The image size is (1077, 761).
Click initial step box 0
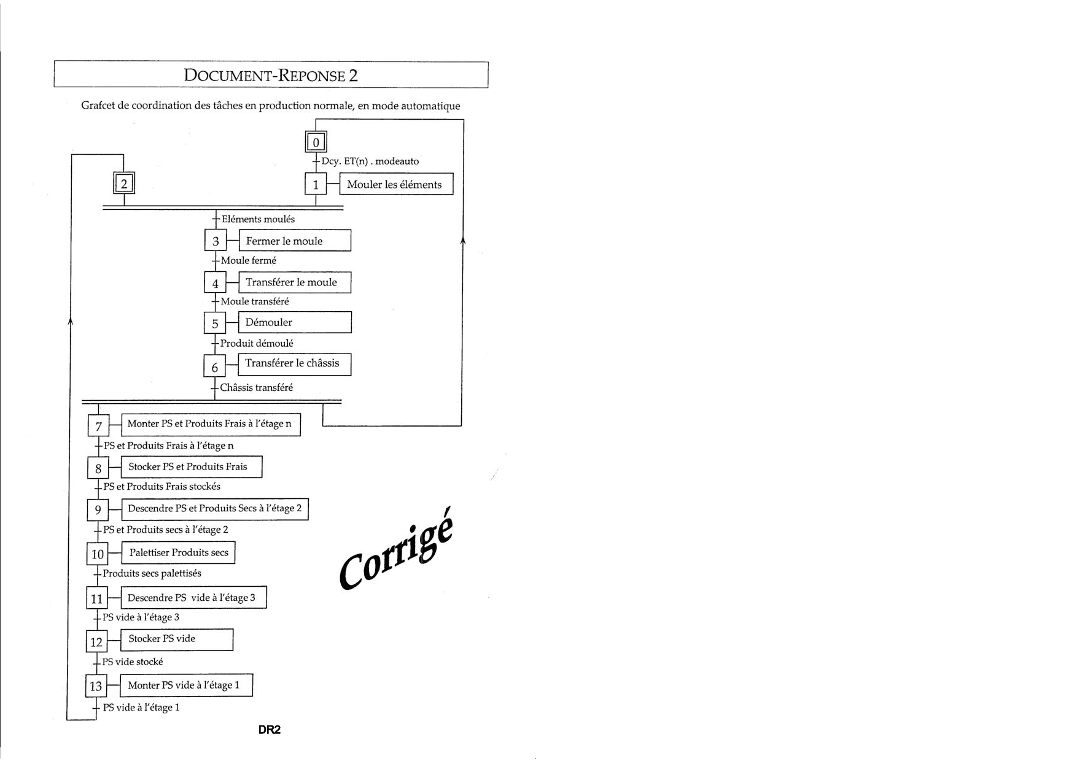coord(316,142)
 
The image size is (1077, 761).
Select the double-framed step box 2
coord(124,183)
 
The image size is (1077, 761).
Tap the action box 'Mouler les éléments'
coord(396,184)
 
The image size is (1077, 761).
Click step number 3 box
coord(215,241)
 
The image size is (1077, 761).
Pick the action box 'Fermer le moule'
coord(295,241)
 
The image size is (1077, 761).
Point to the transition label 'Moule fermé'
coord(249,261)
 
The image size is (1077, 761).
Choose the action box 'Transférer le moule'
coord(295,282)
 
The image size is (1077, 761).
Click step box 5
coord(215,323)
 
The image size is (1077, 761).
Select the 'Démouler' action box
coord(295,322)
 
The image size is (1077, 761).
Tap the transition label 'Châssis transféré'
coord(256,388)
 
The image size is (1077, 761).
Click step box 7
coord(98,426)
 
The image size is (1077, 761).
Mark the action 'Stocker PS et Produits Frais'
coord(192,467)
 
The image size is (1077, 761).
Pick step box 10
coord(97,554)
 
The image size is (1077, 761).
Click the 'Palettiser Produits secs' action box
coord(178,552)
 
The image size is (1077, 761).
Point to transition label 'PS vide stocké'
coord(133,662)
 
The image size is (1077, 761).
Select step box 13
coord(96,686)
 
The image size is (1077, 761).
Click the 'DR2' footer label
coord(270,730)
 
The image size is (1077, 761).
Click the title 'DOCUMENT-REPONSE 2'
coord(271,75)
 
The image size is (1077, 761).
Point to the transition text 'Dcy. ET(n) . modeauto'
coord(370,161)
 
